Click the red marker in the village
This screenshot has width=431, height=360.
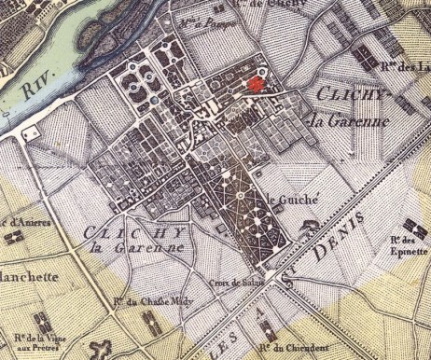[255, 84]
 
